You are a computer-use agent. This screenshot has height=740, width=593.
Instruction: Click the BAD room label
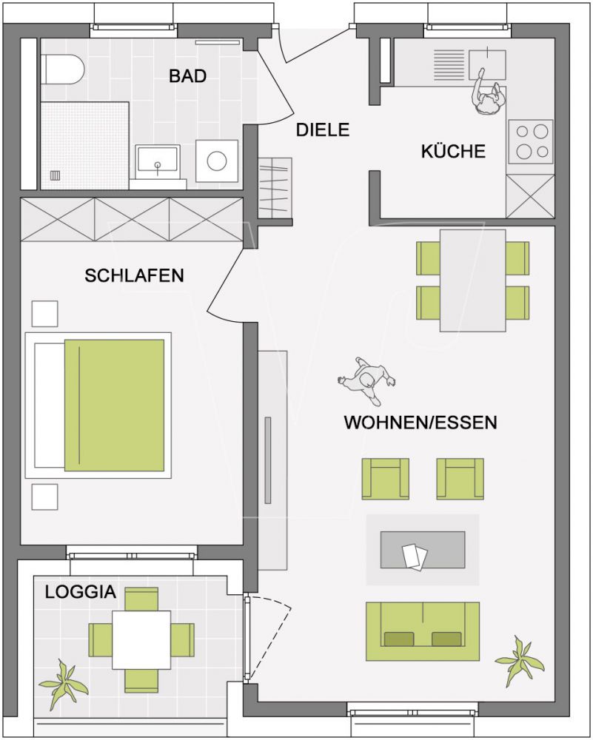pos(187,76)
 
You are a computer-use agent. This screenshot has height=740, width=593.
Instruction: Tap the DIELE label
pos(323,129)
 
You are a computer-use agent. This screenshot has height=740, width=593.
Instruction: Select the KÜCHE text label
pos(453,151)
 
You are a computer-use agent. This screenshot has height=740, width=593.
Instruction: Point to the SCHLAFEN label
pos(134,275)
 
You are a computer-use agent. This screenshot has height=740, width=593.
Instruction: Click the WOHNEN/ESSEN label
pos(421,423)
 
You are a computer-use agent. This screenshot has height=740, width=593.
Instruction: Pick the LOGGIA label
pos(80,592)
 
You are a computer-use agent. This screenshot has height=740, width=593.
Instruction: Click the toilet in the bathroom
pos(62,70)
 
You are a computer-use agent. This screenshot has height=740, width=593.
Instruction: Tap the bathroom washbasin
pos(158,161)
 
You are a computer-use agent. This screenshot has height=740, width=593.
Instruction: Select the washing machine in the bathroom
pos(217,161)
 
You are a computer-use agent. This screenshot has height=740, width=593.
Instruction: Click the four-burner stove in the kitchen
pos(531,141)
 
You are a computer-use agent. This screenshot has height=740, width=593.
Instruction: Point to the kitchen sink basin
pos(487,64)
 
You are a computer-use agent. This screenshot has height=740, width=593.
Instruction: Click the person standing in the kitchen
pos(487,95)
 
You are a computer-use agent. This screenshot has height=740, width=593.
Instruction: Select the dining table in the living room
pos(472,280)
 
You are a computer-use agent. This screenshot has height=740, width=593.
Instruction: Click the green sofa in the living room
pos(423,631)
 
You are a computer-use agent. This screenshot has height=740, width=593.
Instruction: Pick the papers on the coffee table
pos(415,556)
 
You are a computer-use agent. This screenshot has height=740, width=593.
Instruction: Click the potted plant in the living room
pos(520,660)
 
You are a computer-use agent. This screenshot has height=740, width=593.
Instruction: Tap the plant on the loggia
pos(63,684)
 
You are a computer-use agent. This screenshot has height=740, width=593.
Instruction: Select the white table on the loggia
pos(141,640)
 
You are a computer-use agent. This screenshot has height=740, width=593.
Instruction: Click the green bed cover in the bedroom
pos(114,406)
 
